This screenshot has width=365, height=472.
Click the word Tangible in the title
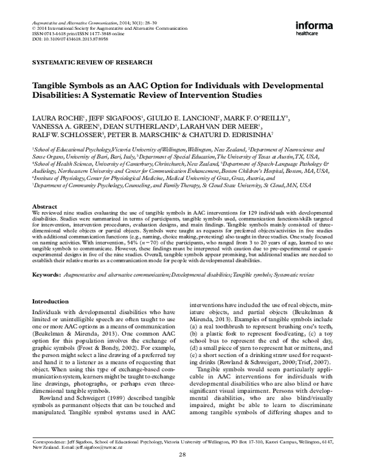(51, 86)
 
